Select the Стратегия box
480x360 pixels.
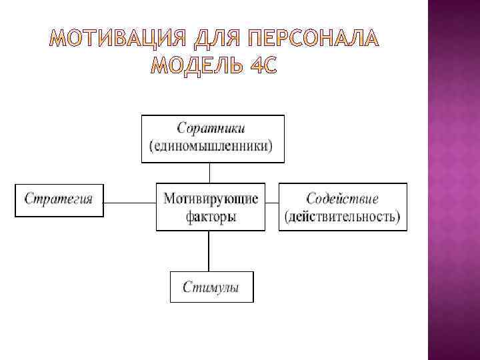pyautogui.click(x=59, y=199)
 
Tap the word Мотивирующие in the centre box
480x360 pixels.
pyautogui.click(x=210, y=198)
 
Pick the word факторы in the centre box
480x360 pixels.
pyautogui.click(x=210, y=217)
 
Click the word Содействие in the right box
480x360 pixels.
pyautogui.click(x=342, y=198)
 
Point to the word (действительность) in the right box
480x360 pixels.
pyautogui.click(x=342, y=217)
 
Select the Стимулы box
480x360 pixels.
pyautogui.click(x=211, y=287)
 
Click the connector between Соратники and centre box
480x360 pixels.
pyautogui.click(x=209, y=173)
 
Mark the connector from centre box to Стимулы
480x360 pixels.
pyautogui.click(x=209, y=251)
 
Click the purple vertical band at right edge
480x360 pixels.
pyautogui.click(x=453, y=180)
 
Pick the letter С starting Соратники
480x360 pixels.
pyautogui.click(x=181, y=127)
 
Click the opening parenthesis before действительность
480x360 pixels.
pyautogui.click(x=287, y=217)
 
